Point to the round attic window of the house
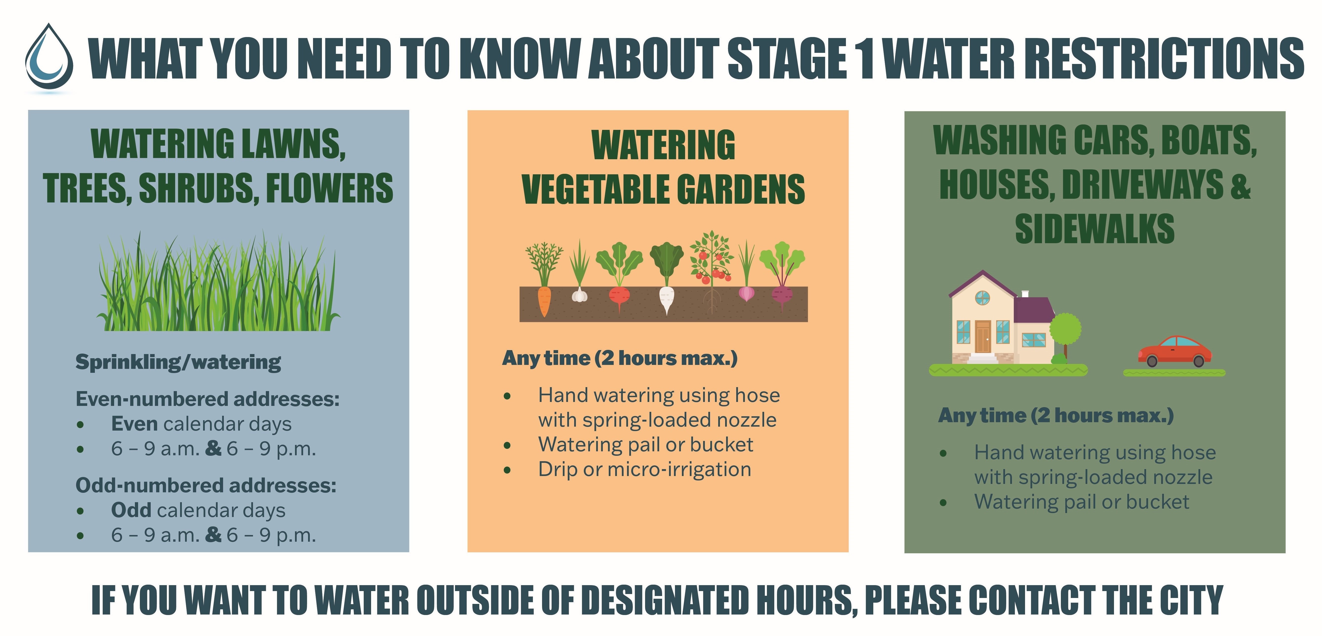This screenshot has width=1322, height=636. click(x=982, y=298)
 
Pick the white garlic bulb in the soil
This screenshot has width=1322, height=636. click(x=579, y=295)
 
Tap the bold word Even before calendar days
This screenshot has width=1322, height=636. click(x=134, y=424)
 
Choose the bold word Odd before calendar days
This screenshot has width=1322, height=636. click(x=131, y=510)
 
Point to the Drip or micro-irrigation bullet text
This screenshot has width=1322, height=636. click(x=645, y=469)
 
